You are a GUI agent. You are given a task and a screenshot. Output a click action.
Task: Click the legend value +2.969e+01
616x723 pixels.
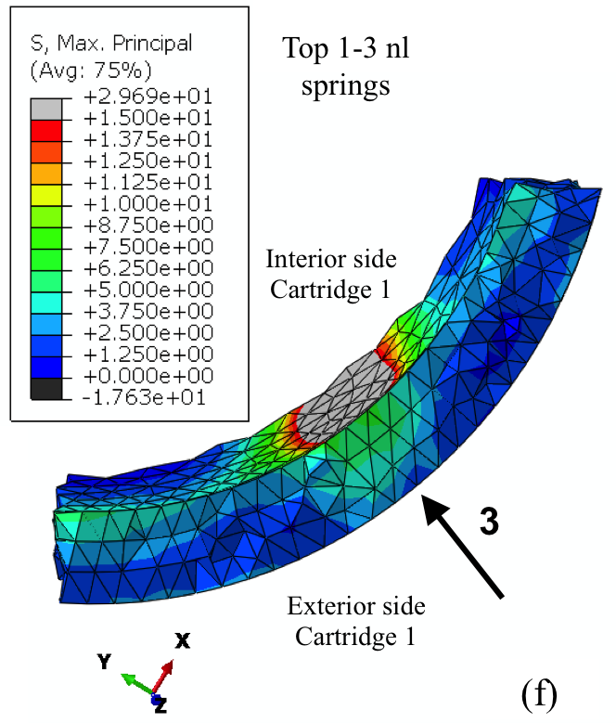click(x=148, y=97)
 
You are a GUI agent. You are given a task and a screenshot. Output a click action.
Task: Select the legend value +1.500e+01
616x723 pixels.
click(x=148, y=119)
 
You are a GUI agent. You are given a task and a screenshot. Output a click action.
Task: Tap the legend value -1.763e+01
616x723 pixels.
click(x=144, y=397)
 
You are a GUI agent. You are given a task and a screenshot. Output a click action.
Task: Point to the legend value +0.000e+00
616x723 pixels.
click(x=148, y=376)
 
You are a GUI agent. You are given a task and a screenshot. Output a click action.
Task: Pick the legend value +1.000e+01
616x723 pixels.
click(x=148, y=204)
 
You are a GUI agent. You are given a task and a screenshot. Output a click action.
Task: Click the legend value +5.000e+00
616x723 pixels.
click(x=148, y=290)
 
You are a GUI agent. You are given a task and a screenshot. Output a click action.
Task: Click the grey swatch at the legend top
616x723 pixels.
click(x=46, y=110)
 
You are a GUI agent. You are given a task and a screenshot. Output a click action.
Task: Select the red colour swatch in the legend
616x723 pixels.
click(x=46, y=131)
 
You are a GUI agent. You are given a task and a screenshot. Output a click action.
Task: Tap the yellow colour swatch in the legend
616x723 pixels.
click(x=46, y=196)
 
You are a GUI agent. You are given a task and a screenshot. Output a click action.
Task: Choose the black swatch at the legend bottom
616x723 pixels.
click(x=46, y=389)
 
